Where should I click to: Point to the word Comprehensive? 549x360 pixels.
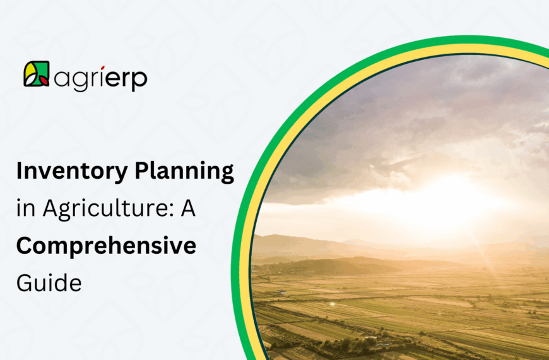106,247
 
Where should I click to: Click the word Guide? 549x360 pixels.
49,282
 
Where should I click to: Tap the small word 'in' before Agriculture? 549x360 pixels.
25,210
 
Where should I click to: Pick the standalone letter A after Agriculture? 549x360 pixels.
187,210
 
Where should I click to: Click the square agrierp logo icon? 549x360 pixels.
37,74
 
